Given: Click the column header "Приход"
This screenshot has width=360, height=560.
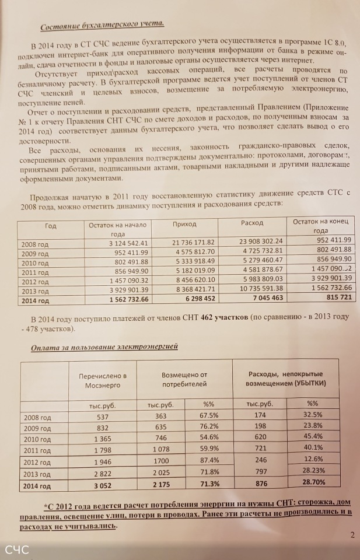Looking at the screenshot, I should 186,224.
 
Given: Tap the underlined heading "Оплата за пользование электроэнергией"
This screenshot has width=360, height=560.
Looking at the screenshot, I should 104,347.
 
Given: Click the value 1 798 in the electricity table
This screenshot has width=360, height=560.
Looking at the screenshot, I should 103,450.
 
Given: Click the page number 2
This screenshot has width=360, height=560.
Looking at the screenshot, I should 352,534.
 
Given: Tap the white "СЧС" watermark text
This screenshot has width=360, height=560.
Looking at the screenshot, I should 18,549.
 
